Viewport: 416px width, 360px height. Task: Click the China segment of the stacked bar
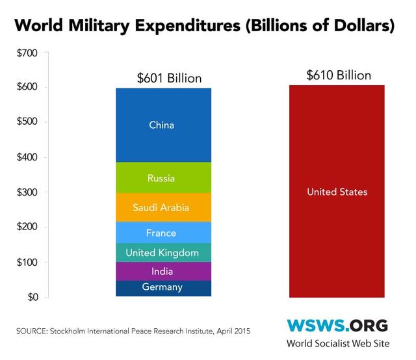coord(162,124)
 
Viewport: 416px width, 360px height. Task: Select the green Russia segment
coord(162,177)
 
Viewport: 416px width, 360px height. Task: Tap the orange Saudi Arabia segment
coord(162,208)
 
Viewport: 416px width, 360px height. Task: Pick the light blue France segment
coord(162,233)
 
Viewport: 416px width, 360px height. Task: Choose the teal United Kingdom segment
coord(162,252)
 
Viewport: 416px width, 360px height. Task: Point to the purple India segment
coord(162,272)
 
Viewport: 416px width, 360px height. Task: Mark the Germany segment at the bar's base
coord(162,287)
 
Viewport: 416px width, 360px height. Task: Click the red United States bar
coord(337,192)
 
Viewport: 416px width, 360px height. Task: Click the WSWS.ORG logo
coord(337,325)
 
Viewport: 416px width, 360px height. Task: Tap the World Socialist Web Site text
coord(337,344)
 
